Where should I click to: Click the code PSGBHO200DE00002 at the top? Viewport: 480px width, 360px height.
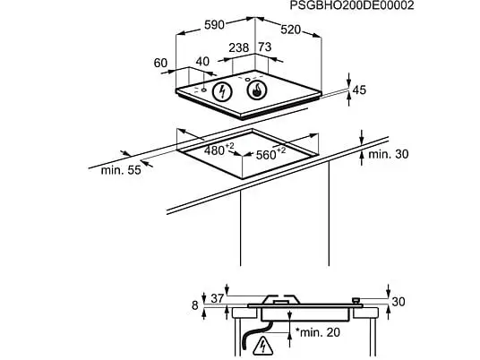[x=352, y=5]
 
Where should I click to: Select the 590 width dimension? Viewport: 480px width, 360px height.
[x=214, y=25]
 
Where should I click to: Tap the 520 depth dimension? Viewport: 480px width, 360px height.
[x=290, y=30]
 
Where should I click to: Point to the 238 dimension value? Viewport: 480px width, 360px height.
[x=239, y=47]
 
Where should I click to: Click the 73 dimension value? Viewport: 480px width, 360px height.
[x=265, y=47]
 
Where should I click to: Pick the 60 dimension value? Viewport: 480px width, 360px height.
[x=160, y=63]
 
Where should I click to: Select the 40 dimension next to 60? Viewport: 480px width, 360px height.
[x=202, y=62]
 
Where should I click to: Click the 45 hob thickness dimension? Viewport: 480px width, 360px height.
[x=359, y=90]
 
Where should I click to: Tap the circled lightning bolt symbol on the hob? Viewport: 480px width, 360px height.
[x=223, y=92]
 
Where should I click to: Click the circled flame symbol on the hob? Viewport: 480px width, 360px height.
[x=257, y=90]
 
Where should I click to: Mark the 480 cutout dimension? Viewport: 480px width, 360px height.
[x=219, y=150]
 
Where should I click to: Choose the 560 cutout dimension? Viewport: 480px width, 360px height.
[x=270, y=154]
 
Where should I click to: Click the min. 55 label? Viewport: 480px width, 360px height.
[x=121, y=170]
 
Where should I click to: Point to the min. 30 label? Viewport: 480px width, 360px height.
[x=388, y=154]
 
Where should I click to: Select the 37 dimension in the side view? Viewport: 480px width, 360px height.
[x=218, y=298]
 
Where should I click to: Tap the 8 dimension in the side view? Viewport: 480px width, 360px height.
[x=195, y=305]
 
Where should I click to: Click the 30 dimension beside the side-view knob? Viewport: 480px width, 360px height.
[x=399, y=302]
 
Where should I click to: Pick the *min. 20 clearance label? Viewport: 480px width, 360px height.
[x=318, y=332]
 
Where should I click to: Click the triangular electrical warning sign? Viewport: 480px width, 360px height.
[x=262, y=346]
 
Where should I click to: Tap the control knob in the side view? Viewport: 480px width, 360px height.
[x=356, y=301]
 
